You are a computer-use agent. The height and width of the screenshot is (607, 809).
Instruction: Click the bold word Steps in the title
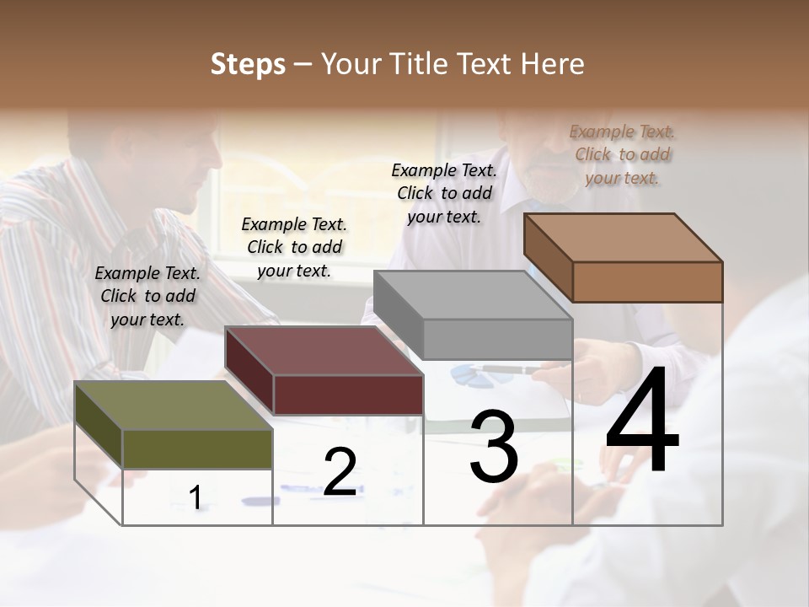pyautogui.click(x=248, y=64)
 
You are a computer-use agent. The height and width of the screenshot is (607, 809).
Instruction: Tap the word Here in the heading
pyautogui.click(x=553, y=64)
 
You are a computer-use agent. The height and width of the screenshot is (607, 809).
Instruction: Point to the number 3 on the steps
pyautogui.click(x=493, y=446)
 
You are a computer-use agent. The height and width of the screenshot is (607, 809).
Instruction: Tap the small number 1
pyautogui.click(x=196, y=497)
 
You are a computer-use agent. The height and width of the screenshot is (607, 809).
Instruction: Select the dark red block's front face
pyautogui.click(x=348, y=394)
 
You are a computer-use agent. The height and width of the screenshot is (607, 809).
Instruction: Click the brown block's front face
pyautogui.click(x=646, y=281)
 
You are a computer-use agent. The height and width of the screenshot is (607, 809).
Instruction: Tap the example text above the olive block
pyautogui.click(x=147, y=296)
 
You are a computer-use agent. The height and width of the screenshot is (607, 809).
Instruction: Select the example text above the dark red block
pyautogui.click(x=294, y=247)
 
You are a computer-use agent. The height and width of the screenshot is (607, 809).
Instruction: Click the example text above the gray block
pyautogui.click(x=444, y=193)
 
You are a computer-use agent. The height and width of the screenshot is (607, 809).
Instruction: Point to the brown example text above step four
pyautogui.click(x=622, y=154)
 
